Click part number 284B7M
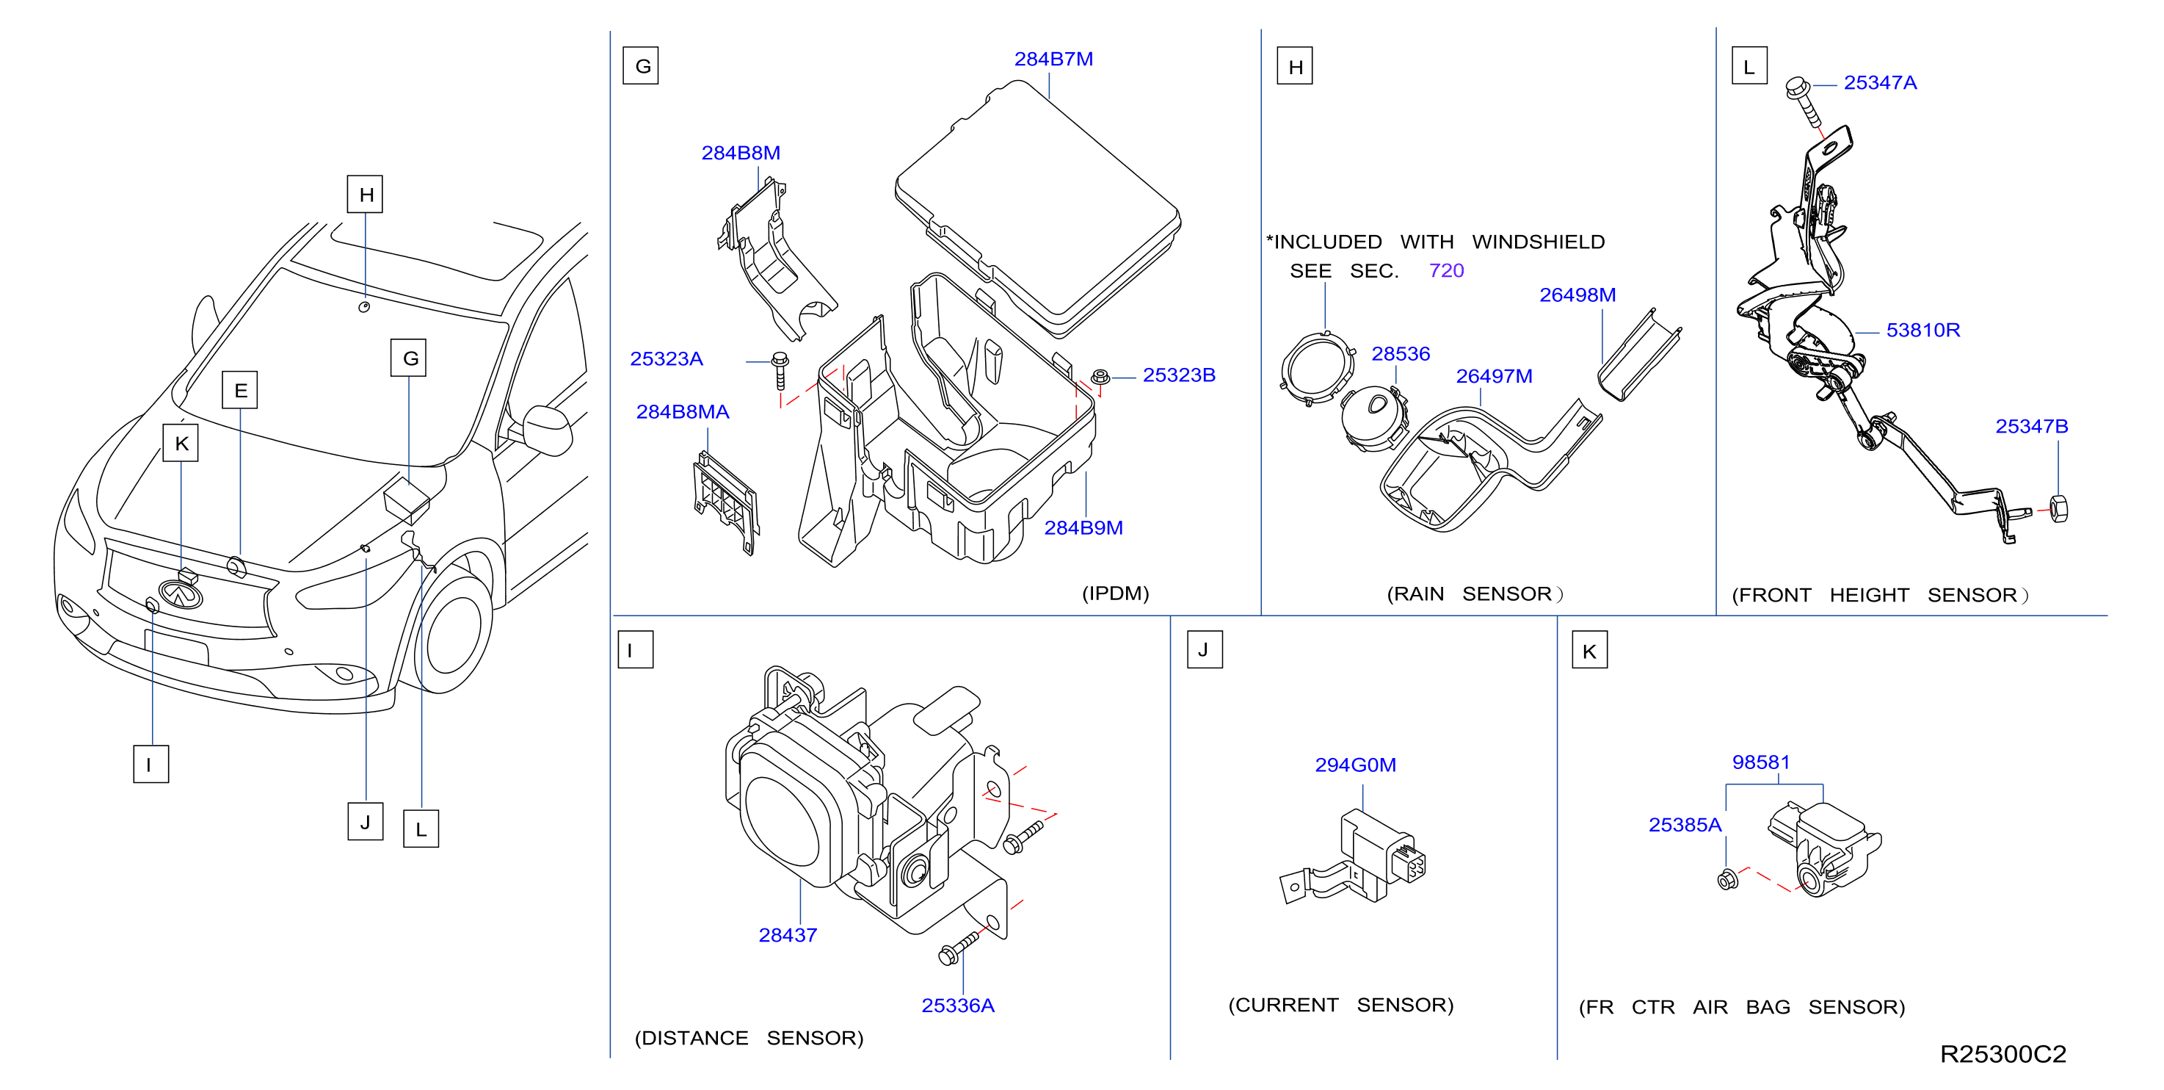click(x=1053, y=59)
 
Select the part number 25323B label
click(x=1179, y=375)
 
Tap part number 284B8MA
click(x=682, y=412)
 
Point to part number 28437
click(x=787, y=934)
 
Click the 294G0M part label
click(x=1355, y=765)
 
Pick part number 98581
click(x=1761, y=762)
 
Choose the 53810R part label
click(x=1923, y=331)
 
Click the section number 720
click(x=1446, y=270)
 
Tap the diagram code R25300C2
click(x=2003, y=1054)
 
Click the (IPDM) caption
click(x=1115, y=593)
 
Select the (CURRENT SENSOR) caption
click(x=1340, y=1005)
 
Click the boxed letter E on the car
click(x=240, y=390)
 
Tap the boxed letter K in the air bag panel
click(x=1589, y=652)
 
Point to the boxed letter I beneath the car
click(x=151, y=764)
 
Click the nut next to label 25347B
click(x=2059, y=509)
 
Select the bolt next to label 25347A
click(x=1804, y=101)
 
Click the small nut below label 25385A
click(x=1728, y=880)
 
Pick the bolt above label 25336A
click(x=959, y=947)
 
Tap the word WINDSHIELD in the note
click(x=1538, y=242)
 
